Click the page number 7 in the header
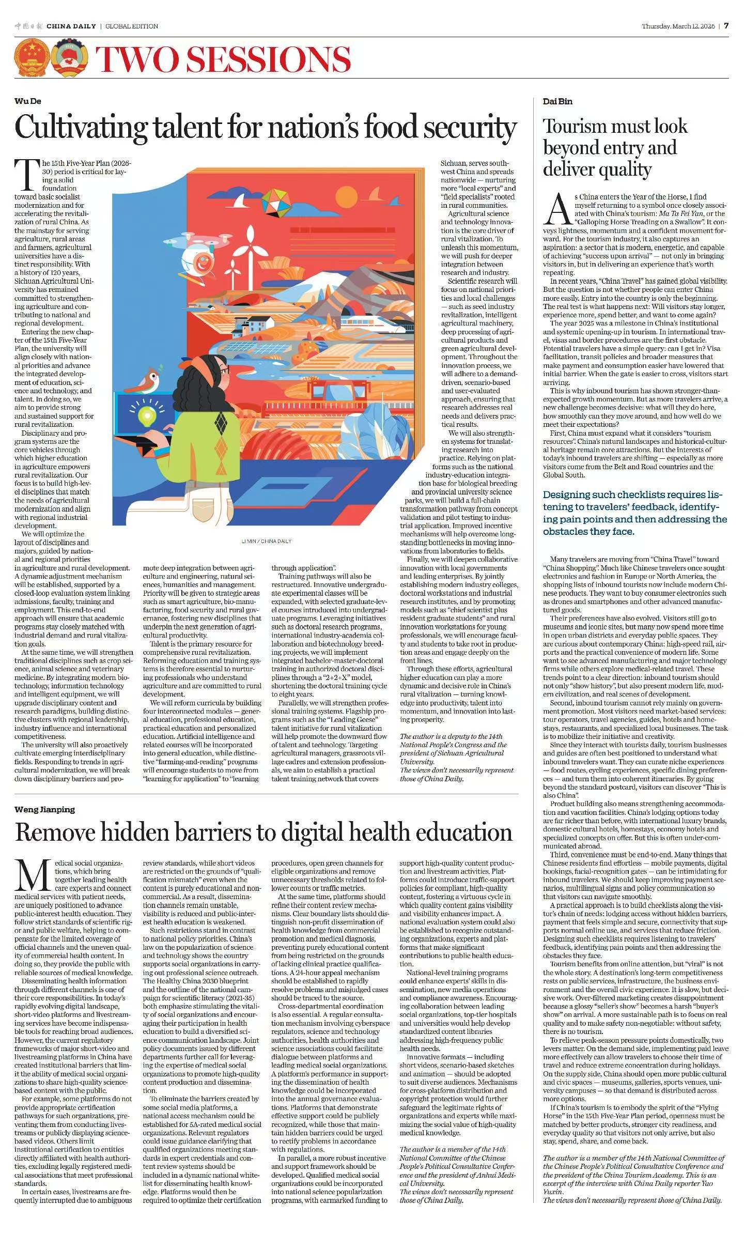[726, 26]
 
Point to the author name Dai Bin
[557, 101]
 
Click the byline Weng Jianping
[44, 809]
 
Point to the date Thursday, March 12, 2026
[678, 26]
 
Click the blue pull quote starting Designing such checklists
[634, 513]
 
